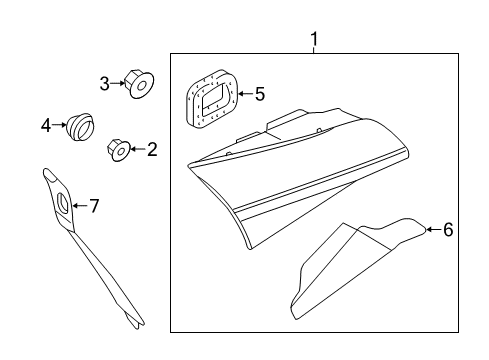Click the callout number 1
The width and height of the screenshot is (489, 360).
coord(314,39)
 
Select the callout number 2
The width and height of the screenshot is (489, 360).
coord(152,149)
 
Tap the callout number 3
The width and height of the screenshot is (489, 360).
coord(105,84)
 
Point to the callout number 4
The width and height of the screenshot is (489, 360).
coord(46,126)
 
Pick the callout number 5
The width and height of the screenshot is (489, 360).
coord(260,94)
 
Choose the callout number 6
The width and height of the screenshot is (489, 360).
coord(448,230)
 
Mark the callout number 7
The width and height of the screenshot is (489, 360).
coord(94,206)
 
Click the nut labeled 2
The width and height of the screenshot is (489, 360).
coord(118,150)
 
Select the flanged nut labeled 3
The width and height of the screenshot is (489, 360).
coord(139,83)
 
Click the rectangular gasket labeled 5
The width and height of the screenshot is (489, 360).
coord(212,99)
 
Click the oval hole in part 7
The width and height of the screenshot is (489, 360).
coord(63,203)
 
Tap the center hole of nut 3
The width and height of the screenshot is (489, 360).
coord(141,86)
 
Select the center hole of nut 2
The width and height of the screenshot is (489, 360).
coord(121,152)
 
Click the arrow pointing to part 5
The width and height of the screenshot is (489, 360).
coord(246,94)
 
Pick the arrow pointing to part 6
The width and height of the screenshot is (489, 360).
coord(434,229)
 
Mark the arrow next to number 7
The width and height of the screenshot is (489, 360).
coord(80,206)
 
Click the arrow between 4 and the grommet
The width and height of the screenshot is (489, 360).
coord(59,125)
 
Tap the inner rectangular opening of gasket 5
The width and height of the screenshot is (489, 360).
coord(215,96)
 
